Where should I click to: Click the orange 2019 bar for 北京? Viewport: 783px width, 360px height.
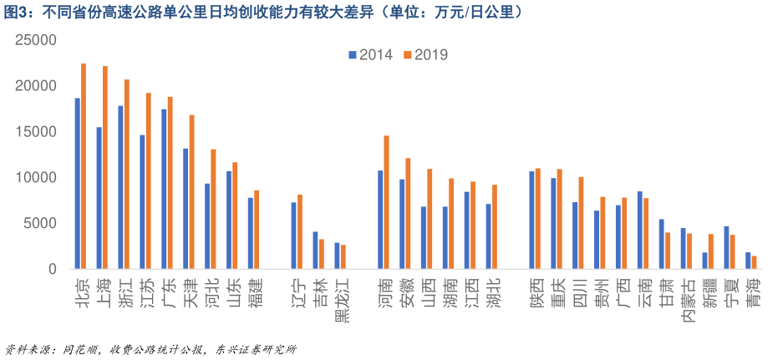tap(84, 166)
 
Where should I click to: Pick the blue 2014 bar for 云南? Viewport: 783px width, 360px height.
tap(639, 231)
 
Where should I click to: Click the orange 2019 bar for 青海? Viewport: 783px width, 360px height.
tap(754, 262)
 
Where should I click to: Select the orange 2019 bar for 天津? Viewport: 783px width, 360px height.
tap(192, 192)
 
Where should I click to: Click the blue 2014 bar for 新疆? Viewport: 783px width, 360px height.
tap(704, 261)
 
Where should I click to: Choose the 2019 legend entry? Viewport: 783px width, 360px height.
tap(426, 55)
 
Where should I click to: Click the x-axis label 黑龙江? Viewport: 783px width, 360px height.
tap(340, 302)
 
